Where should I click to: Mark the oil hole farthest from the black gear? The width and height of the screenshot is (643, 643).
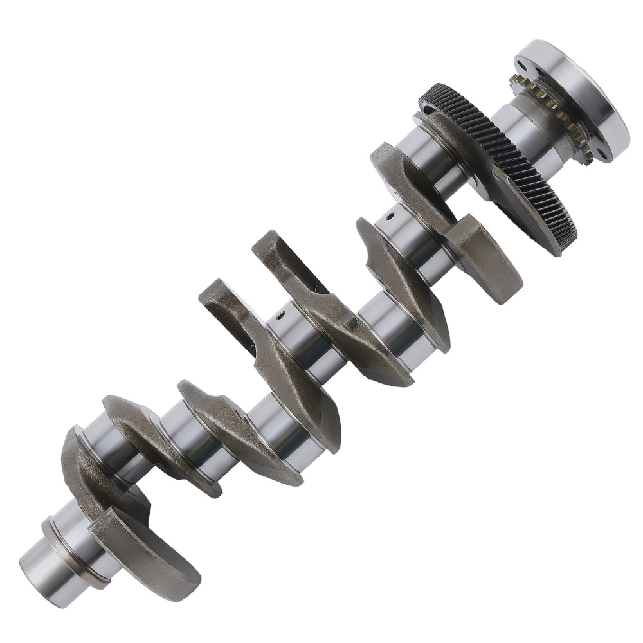(280, 315)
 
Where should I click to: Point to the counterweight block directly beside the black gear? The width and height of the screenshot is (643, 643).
(485, 257)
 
